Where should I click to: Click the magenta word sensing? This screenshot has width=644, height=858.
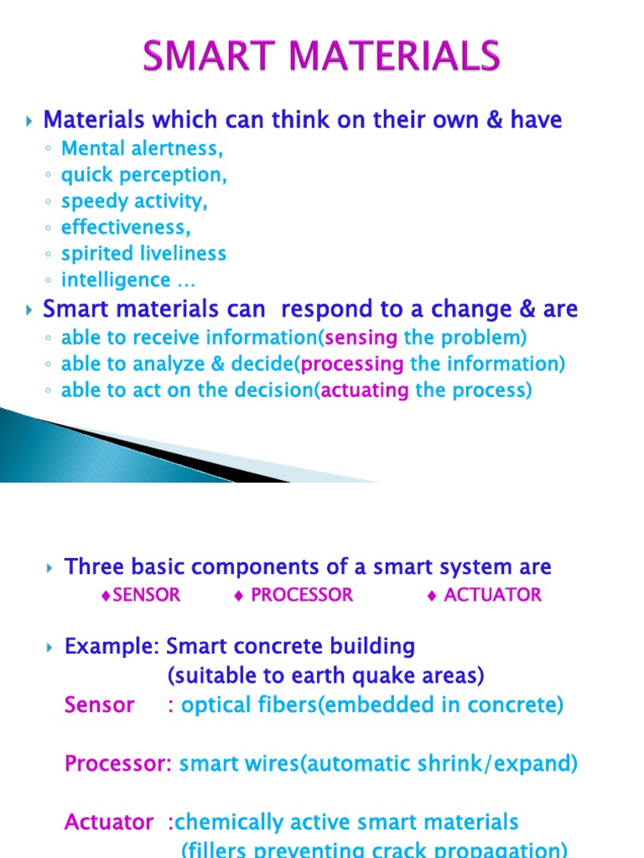(x=361, y=338)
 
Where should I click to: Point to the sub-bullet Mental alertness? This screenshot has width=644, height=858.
(x=143, y=149)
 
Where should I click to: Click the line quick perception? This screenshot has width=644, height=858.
(x=144, y=175)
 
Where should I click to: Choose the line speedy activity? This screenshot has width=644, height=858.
(x=134, y=201)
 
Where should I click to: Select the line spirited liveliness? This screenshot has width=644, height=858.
(x=143, y=253)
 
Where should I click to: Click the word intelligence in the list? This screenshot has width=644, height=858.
(x=116, y=279)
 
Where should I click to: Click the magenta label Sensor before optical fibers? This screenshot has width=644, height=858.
(x=99, y=705)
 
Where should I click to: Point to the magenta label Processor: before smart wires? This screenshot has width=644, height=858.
(x=118, y=763)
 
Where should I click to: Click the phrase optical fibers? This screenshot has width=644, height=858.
(x=240, y=705)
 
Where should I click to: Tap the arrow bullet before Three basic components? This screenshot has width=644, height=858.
(x=49, y=568)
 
